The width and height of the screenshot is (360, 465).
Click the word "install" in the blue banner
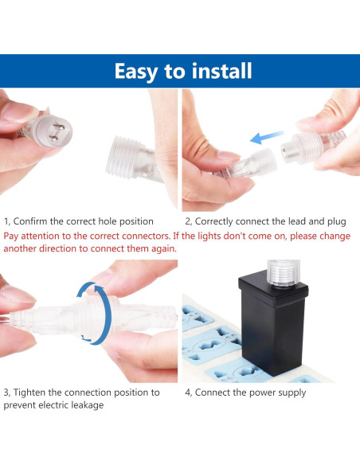pyautogui.click(x=221, y=71)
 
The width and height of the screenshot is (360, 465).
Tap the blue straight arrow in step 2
pyautogui.click(x=267, y=137)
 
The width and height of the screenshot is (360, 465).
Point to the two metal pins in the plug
pyautogui.click(x=57, y=132)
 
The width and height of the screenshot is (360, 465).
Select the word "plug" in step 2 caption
pyautogui.click(x=336, y=222)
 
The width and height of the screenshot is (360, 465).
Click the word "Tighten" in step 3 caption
pyautogui.click(x=29, y=393)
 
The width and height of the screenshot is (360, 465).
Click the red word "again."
pyautogui.click(x=164, y=249)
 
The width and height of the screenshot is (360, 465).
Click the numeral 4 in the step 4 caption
pyautogui.click(x=187, y=393)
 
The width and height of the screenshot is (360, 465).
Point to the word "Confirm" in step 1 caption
pyautogui.click(x=30, y=221)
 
